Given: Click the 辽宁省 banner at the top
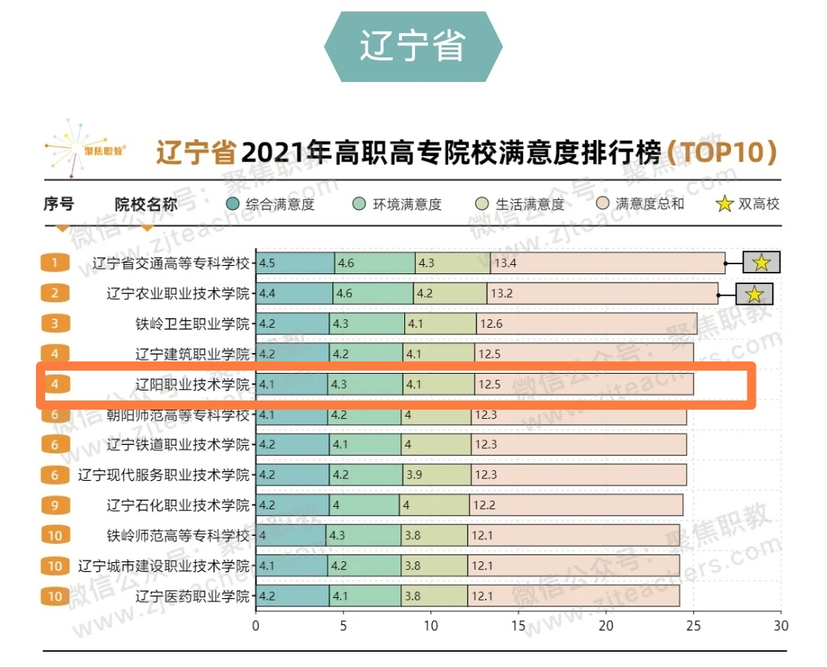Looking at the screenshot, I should coord(413,46).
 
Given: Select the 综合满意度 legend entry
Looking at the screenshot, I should coord(271,204).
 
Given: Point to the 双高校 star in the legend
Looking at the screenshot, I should coord(724,204).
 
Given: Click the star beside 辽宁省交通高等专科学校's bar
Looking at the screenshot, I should coord(761,263).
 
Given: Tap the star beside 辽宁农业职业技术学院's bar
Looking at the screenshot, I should coord(754,293).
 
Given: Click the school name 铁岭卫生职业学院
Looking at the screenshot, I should coord(192,324).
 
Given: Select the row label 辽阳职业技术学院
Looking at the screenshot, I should coord(192,384).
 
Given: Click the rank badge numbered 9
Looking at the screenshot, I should coord(55,505).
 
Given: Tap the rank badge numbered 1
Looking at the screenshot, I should coord(55,263).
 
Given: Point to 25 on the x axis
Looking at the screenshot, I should coord(694,626).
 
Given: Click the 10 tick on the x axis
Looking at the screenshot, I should coord(431,626).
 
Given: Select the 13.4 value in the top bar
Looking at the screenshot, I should coord(505,263).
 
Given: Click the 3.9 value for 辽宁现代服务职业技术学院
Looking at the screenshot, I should coord(414,475).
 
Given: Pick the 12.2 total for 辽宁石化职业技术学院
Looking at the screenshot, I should coord(485,505).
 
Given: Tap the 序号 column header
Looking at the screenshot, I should coord(59,204).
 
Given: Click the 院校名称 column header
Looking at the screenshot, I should coord(146,204).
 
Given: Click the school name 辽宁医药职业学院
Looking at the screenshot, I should coord(192,597).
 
